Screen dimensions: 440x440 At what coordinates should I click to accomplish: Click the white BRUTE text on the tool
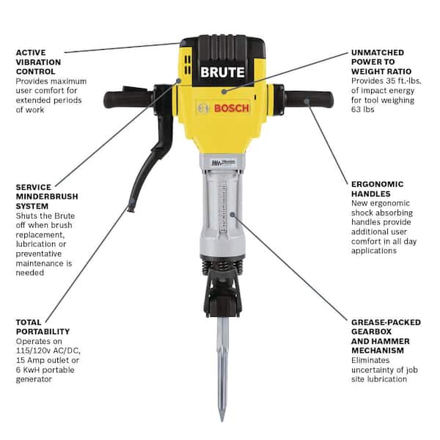click(223, 73)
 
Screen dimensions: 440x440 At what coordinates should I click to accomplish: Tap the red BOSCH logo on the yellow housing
click(232, 109)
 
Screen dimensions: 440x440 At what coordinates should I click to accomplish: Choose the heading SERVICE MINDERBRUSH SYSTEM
click(46, 197)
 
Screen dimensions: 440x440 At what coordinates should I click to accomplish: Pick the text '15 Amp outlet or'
click(45, 359)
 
